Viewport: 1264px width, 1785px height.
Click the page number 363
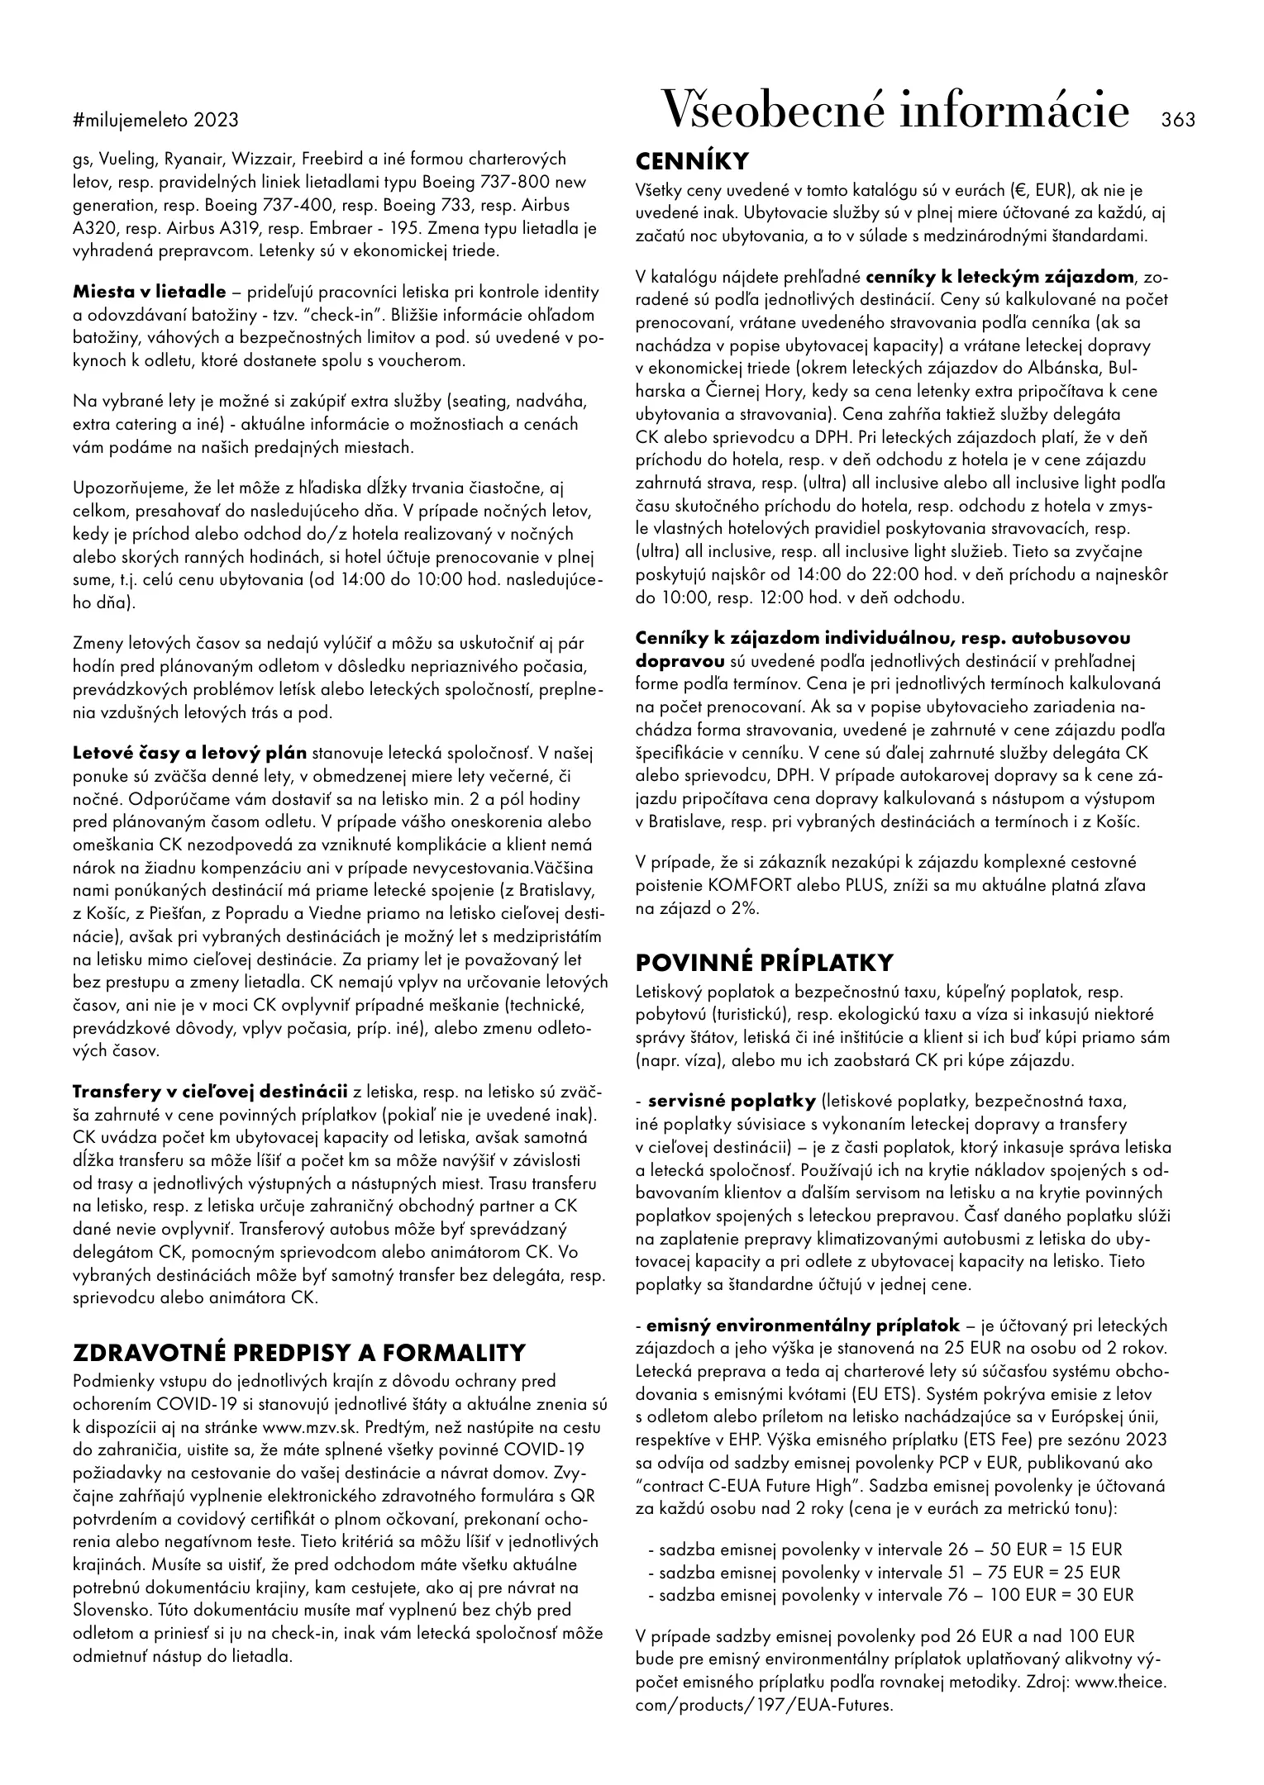tap(1178, 120)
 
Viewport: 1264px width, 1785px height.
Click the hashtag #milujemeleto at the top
tap(132, 121)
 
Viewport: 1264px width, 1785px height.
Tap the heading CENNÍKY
tap(692, 161)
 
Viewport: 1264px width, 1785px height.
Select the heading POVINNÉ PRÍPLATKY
tap(764, 963)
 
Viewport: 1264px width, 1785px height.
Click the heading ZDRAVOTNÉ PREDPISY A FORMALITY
tap(299, 1353)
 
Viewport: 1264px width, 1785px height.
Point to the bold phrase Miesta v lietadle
tap(149, 292)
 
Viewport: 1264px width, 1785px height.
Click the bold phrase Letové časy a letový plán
tap(190, 753)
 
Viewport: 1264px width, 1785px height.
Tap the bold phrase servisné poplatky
tap(732, 1101)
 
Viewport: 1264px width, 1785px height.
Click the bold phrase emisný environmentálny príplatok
tap(803, 1326)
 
